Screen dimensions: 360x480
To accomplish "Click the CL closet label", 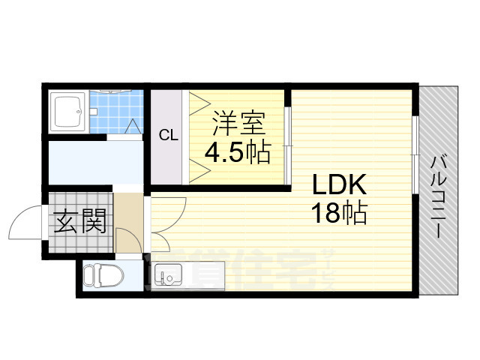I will click(x=168, y=136).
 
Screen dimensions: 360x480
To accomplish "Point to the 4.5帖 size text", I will click(x=237, y=153).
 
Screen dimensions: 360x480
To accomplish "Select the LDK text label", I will click(x=337, y=184).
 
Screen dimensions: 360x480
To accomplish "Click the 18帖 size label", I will click(x=340, y=214).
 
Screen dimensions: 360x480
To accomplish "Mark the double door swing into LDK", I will click(x=169, y=217).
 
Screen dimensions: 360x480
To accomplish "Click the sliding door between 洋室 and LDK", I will click(x=288, y=135).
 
